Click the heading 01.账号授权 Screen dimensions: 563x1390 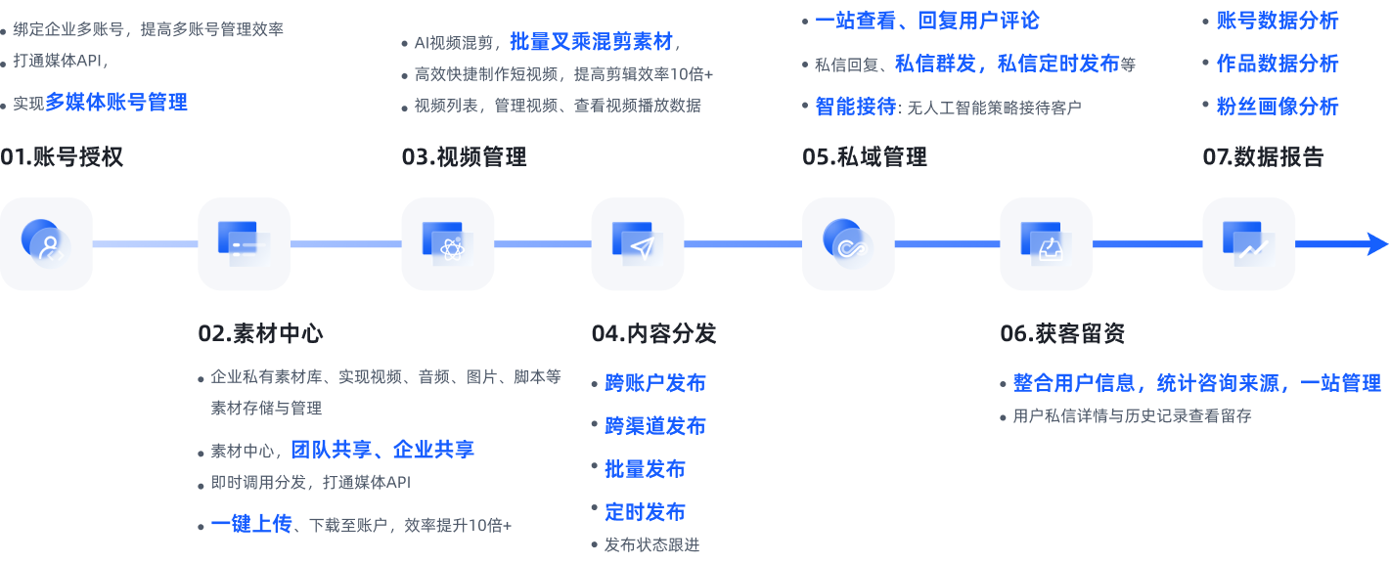[x=62, y=157]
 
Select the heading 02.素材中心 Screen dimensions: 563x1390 [x=260, y=333]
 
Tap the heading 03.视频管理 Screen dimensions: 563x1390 [x=464, y=157]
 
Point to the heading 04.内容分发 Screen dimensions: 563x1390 [x=653, y=333]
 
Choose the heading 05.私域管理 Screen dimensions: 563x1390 [x=865, y=157]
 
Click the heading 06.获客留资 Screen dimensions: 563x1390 [x=1062, y=333]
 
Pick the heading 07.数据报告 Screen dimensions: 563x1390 [x=1263, y=157]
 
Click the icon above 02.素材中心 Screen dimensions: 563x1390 [x=244, y=243]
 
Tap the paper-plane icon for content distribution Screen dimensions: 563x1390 [x=638, y=243]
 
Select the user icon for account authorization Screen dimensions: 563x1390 [x=46, y=243]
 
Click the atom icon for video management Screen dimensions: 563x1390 [x=448, y=243]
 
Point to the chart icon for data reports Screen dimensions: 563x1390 [x=1248, y=243]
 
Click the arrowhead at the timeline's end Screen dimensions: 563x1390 [x=1376, y=244]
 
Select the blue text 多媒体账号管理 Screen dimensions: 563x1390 [x=116, y=102]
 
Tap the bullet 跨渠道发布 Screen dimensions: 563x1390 [x=654, y=426]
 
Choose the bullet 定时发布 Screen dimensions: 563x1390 [x=645, y=512]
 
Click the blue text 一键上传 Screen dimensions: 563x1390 [x=251, y=524]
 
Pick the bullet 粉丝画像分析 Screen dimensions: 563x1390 [x=1277, y=107]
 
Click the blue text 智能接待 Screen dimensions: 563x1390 [x=855, y=107]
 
